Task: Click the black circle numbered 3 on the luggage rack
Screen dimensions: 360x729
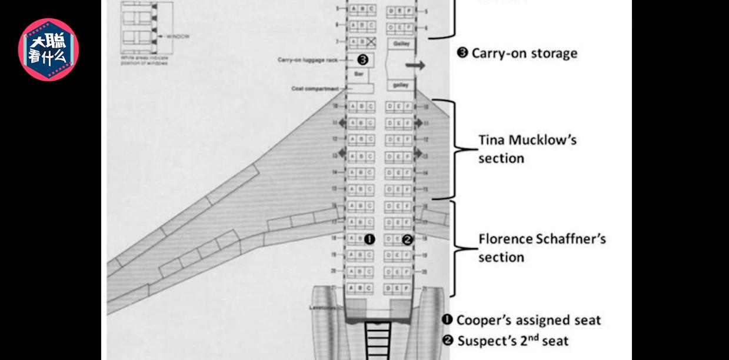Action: coord(362,59)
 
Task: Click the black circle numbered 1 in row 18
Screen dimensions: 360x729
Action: coord(370,239)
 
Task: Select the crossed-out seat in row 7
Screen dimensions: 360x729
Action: coord(371,42)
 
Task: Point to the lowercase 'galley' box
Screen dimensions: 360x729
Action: coord(401,85)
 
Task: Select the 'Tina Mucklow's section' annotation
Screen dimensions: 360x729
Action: coord(527,149)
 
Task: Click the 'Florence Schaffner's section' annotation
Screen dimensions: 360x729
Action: coord(541,248)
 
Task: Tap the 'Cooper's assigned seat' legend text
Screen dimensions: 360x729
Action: coord(528,320)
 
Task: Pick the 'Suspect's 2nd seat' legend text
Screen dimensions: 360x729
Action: coord(512,340)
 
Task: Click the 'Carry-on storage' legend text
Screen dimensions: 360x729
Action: coord(524,53)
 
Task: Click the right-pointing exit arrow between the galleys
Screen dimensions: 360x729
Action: coord(415,65)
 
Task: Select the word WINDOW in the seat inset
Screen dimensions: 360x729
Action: coord(178,36)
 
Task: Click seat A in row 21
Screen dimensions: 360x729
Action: coord(352,288)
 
